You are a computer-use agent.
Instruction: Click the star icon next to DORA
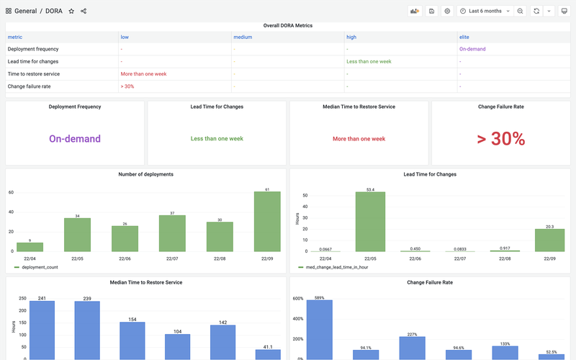click(x=71, y=11)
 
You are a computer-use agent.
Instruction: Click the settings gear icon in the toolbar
click(x=447, y=11)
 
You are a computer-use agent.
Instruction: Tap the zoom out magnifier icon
click(x=520, y=11)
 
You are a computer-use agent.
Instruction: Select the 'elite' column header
click(x=465, y=37)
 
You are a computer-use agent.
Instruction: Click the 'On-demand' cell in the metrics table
click(x=472, y=49)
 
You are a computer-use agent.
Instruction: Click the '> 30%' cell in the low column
click(x=127, y=86)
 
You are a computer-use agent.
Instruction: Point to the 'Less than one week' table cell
click(x=369, y=61)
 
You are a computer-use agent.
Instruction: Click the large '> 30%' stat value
click(x=500, y=139)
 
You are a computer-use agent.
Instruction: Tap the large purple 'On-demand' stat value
click(x=75, y=139)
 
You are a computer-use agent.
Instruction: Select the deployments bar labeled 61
click(x=267, y=222)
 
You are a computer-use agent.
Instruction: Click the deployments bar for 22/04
click(x=30, y=247)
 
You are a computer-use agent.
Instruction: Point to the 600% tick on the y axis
click(x=297, y=298)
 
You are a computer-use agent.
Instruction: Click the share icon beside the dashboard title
click(x=84, y=11)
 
